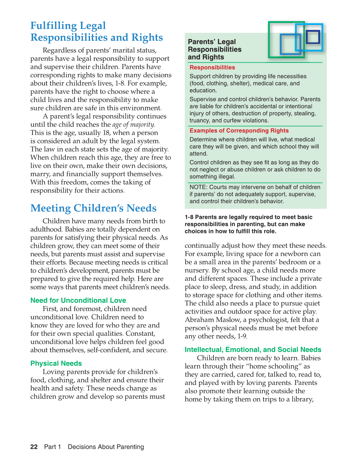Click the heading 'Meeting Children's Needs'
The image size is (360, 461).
click(x=93, y=208)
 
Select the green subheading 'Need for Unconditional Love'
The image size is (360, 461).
click(x=78, y=300)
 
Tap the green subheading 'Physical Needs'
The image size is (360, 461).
click(x=56, y=363)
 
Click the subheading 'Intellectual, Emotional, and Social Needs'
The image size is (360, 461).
click(x=253, y=350)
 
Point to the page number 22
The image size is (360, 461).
click(x=34, y=447)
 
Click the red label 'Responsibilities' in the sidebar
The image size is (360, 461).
click(x=212, y=68)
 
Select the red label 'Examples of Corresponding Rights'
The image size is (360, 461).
click(x=239, y=131)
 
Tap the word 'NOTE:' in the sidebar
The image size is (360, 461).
click(x=199, y=187)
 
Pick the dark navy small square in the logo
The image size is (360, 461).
click(x=313, y=37)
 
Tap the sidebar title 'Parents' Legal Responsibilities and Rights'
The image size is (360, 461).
click(x=214, y=50)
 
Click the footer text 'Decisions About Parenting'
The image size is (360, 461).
click(x=106, y=447)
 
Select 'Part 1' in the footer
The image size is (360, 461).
click(x=52, y=447)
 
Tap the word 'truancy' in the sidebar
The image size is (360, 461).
click(x=200, y=121)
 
